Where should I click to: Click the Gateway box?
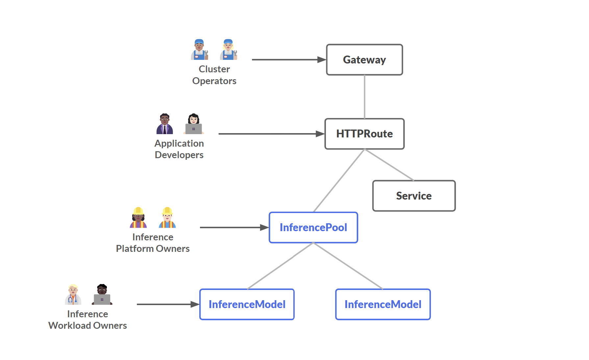coord(364,60)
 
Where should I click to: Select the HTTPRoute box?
coord(364,134)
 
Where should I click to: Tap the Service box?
coord(414,196)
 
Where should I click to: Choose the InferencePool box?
coord(313,228)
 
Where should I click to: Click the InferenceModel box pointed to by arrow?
coord(247,304)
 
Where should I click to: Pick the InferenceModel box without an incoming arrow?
coord(383,304)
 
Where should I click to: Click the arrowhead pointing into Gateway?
coord(321,60)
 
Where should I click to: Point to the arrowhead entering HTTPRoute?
coord(320,134)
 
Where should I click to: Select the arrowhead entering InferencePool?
coord(264,228)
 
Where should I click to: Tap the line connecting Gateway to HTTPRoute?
coord(364,97)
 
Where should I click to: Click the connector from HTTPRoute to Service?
coord(389,165)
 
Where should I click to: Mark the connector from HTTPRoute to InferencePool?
coord(339,180)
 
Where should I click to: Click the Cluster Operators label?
coord(214,75)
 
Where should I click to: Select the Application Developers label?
coord(179,149)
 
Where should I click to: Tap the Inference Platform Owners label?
coord(153,243)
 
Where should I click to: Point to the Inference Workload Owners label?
coord(87,320)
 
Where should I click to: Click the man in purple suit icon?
coord(165,124)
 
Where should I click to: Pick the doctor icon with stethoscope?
coord(73,295)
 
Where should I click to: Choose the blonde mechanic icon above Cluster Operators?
coord(229,50)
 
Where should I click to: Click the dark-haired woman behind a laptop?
coord(194,124)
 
